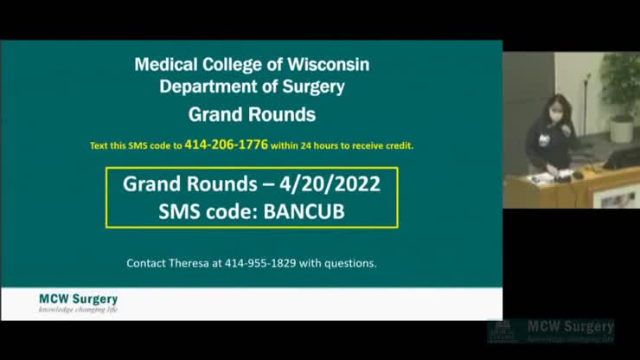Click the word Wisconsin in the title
[x=328, y=65]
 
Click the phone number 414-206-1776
[x=226, y=145]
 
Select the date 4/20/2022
[x=330, y=183]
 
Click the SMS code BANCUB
[x=304, y=212]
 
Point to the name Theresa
[x=189, y=263]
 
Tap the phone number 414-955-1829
[x=260, y=263]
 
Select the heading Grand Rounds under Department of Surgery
[x=252, y=115]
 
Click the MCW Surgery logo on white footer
[x=79, y=303]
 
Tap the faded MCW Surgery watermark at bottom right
[x=551, y=331]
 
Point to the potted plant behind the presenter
[x=621, y=97]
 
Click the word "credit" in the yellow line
[x=400, y=145]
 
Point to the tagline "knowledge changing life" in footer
[x=79, y=309]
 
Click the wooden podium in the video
[x=572, y=188]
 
